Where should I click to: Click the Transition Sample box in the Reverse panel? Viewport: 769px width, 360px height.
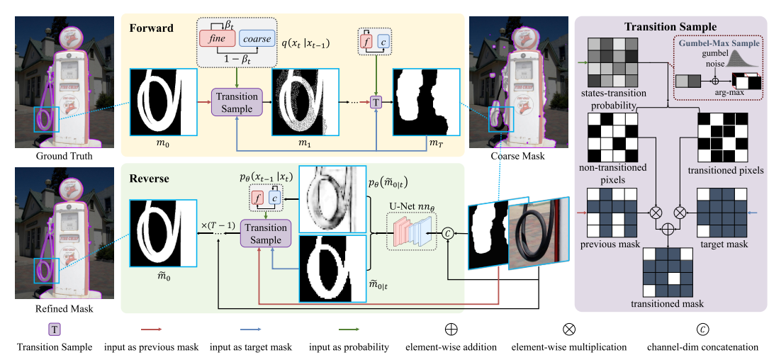(x=265, y=234)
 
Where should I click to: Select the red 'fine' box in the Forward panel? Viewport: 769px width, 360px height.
(x=217, y=40)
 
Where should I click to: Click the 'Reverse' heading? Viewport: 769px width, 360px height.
(x=149, y=179)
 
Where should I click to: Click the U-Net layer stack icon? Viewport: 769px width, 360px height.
(x=412, y=231)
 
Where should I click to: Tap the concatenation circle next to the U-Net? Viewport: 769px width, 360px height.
(x=447, y=231)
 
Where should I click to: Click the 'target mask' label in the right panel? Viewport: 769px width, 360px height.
(x=724, y=244)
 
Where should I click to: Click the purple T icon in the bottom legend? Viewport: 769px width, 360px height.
(x=54, y=330)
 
